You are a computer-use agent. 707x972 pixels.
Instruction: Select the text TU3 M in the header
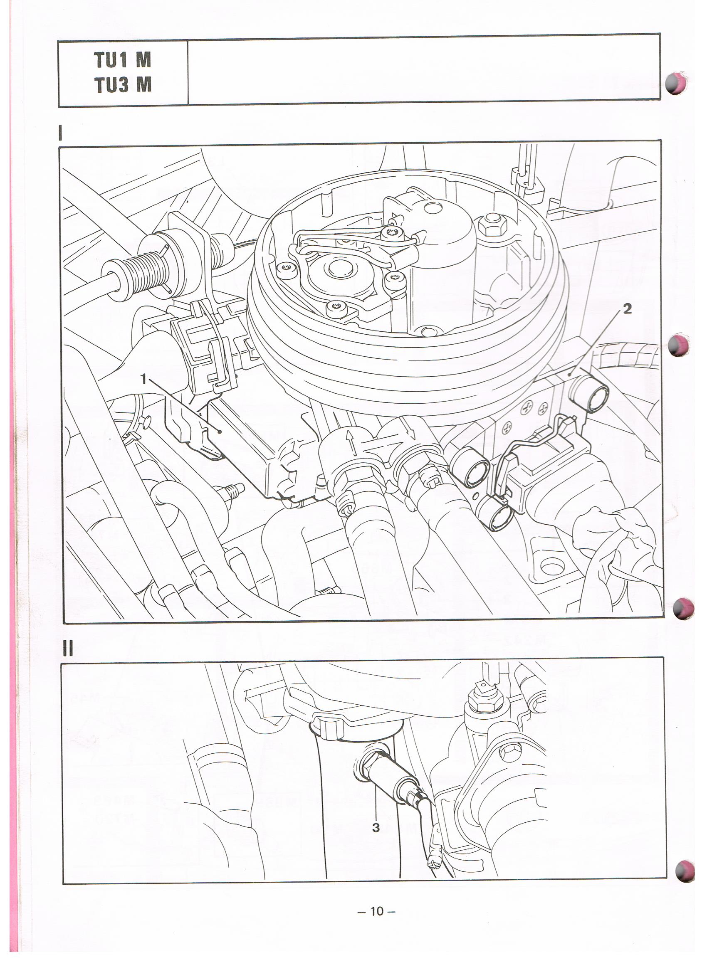[123, 84]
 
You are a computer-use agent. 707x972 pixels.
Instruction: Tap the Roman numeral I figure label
[61, 133]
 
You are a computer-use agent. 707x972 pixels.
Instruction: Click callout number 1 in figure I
[143, 378]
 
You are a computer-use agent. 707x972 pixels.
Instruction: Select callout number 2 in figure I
[627, 309]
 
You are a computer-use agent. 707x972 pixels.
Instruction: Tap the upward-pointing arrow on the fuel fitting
[351, 443]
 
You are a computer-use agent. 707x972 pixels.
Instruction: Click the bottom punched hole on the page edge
[684, 871]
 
